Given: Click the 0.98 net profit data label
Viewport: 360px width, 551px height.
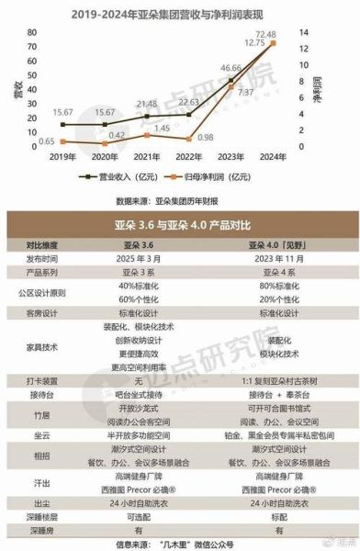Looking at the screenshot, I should pos(206,138).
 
